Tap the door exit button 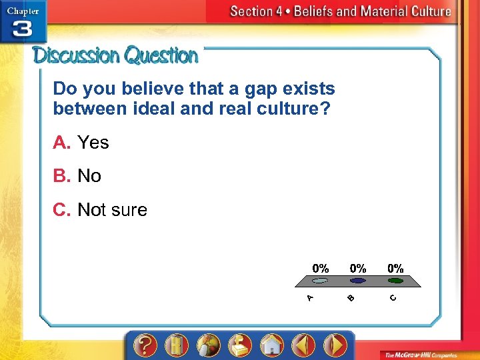(177, 345)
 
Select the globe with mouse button (208, 345)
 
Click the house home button (271, 345)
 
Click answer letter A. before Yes (61, 143)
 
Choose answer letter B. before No (61, 176)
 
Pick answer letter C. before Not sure (62, 210)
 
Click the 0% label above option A (321, 268)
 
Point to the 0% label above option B (358, 268)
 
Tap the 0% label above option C (395, 268)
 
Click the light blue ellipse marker (320, 281)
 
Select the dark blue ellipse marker (358, 281)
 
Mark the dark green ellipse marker (395, 281)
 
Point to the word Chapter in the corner (23, 11)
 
